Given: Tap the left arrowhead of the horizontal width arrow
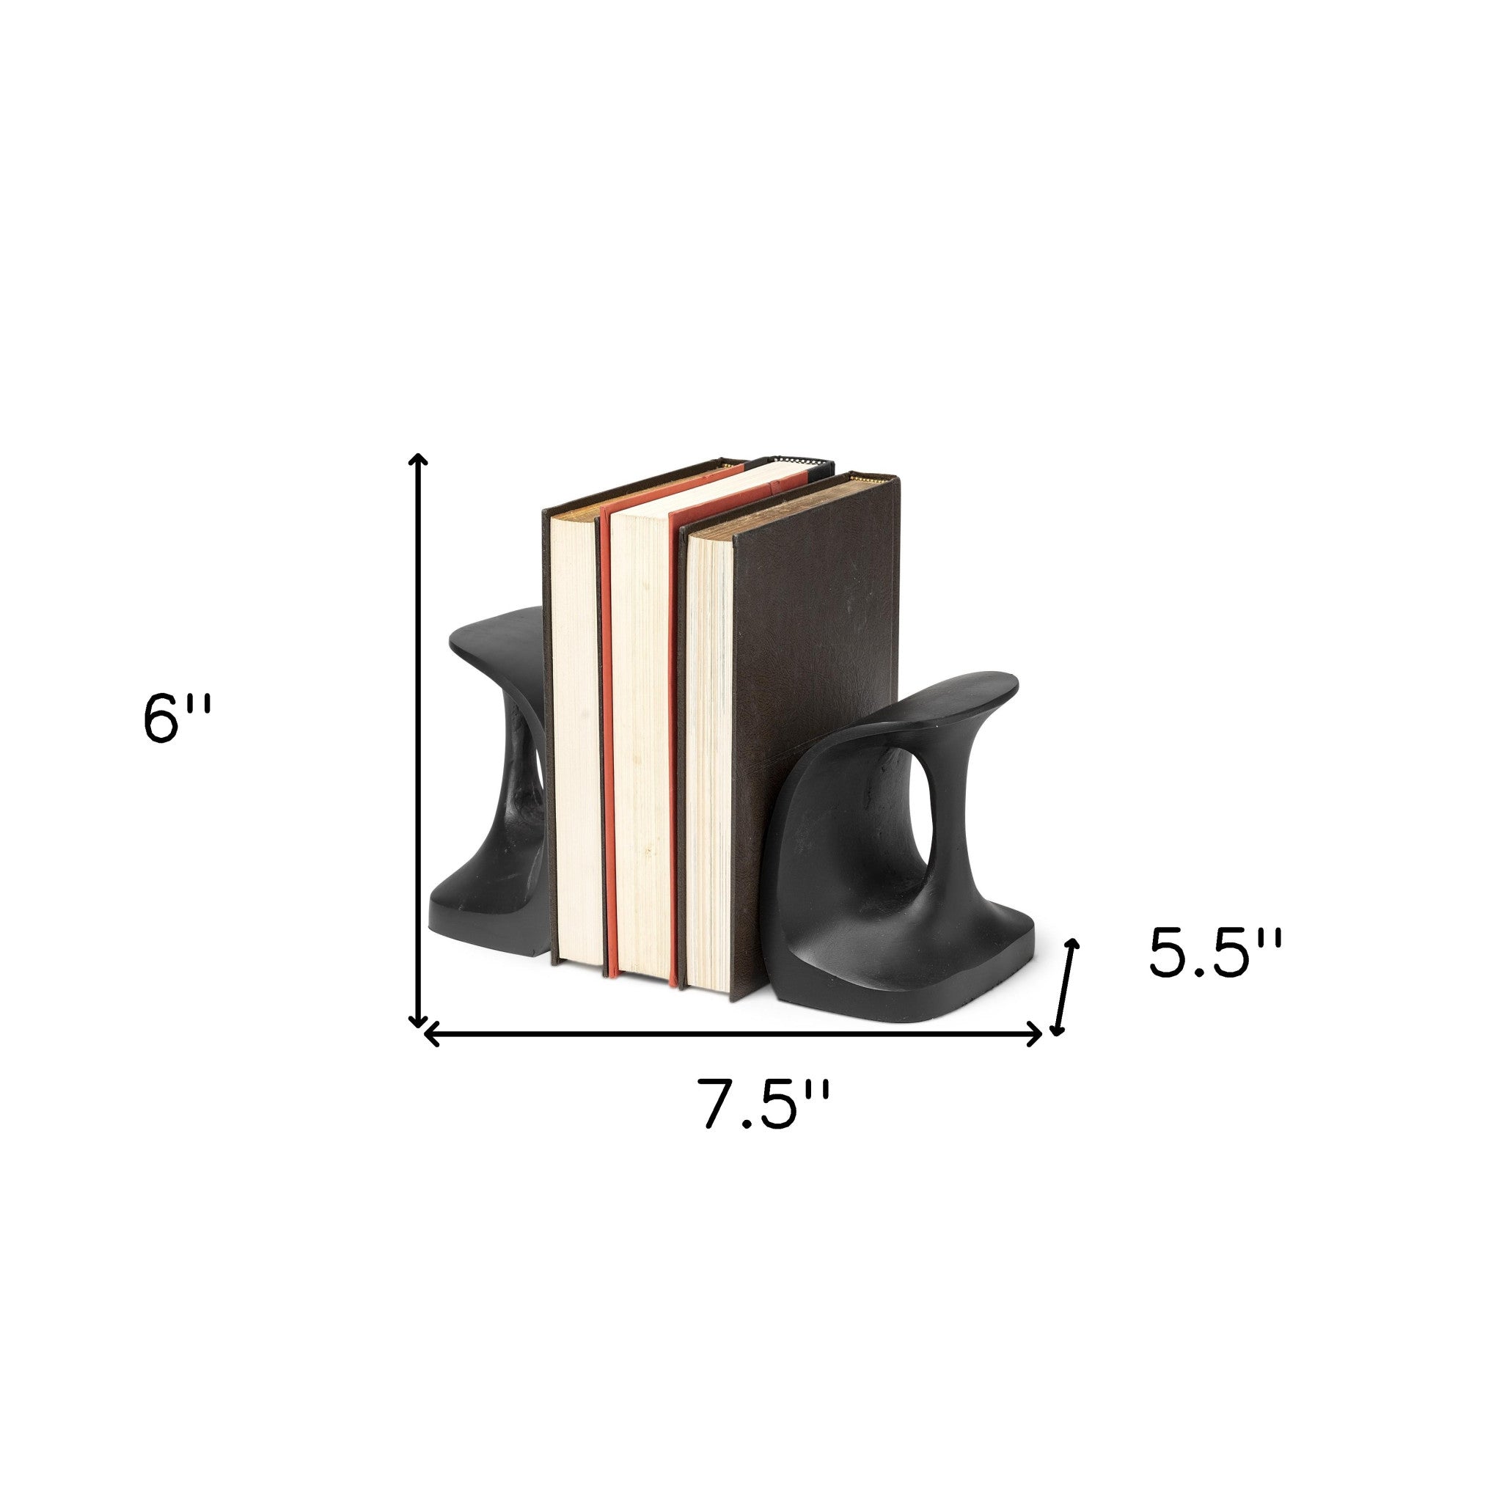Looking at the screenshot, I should click(430, 1035).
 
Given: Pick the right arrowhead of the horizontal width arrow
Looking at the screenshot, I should click(1036, 1035).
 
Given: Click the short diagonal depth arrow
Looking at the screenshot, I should click(1065, 987).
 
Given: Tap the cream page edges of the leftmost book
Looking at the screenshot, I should click(575, 739).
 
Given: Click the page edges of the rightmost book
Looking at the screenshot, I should click(708, 762).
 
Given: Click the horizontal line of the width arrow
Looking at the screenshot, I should click(730, 1035).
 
